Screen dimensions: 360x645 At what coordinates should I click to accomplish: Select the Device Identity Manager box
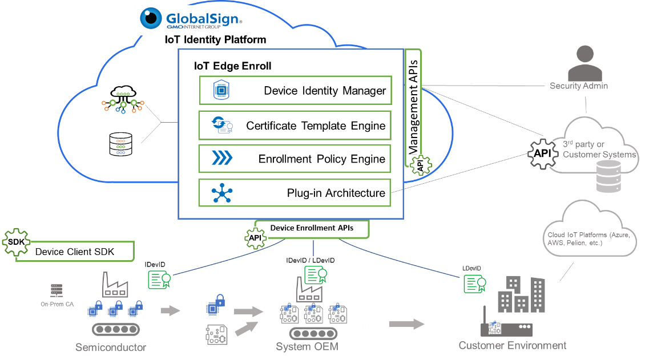(x=295, y=91)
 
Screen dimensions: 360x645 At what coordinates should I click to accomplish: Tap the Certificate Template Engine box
(x=295, y=126)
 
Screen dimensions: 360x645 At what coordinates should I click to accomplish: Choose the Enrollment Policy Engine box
(x=295, y=159)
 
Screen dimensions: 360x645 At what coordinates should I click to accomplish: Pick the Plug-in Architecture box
(x=295, y=193)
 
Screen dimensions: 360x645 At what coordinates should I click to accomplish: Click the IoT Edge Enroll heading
(x=233, y=66)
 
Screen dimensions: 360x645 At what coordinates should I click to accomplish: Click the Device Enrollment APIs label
(x=312, y=228)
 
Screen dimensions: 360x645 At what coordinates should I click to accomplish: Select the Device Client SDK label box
(x=75, y=252)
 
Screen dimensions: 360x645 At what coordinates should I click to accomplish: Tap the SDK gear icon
(x=15, y=242)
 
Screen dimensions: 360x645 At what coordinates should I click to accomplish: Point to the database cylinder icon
(x=607, y=176)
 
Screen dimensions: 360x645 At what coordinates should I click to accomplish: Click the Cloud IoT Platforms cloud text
(x=587, y=239)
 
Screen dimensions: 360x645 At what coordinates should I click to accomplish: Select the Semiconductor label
(x=111, y=347)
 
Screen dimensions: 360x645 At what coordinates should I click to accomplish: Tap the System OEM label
(x=307, y=346)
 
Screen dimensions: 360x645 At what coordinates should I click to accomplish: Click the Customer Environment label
(x=513, y=345)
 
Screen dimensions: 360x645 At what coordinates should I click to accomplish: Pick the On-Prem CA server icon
(x=56, y=290)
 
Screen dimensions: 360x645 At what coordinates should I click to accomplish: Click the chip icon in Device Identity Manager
(x=220, y=90)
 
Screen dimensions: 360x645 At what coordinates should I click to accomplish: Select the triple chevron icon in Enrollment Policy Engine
(x=220, y=159)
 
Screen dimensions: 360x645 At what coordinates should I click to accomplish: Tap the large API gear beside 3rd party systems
(x=542, y=153)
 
